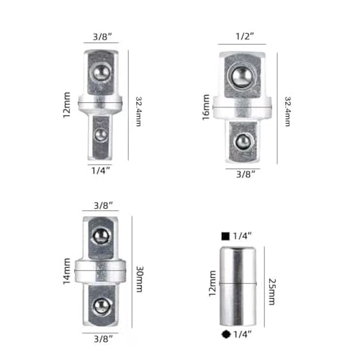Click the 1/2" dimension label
pyautogui.click(x=246, y=35)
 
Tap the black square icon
pyautogui.click(x=226, y=236)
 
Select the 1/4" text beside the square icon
pyautogui.click(x=243, y=236)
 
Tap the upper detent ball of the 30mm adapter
pyautogui.click(x=102, y=238)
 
